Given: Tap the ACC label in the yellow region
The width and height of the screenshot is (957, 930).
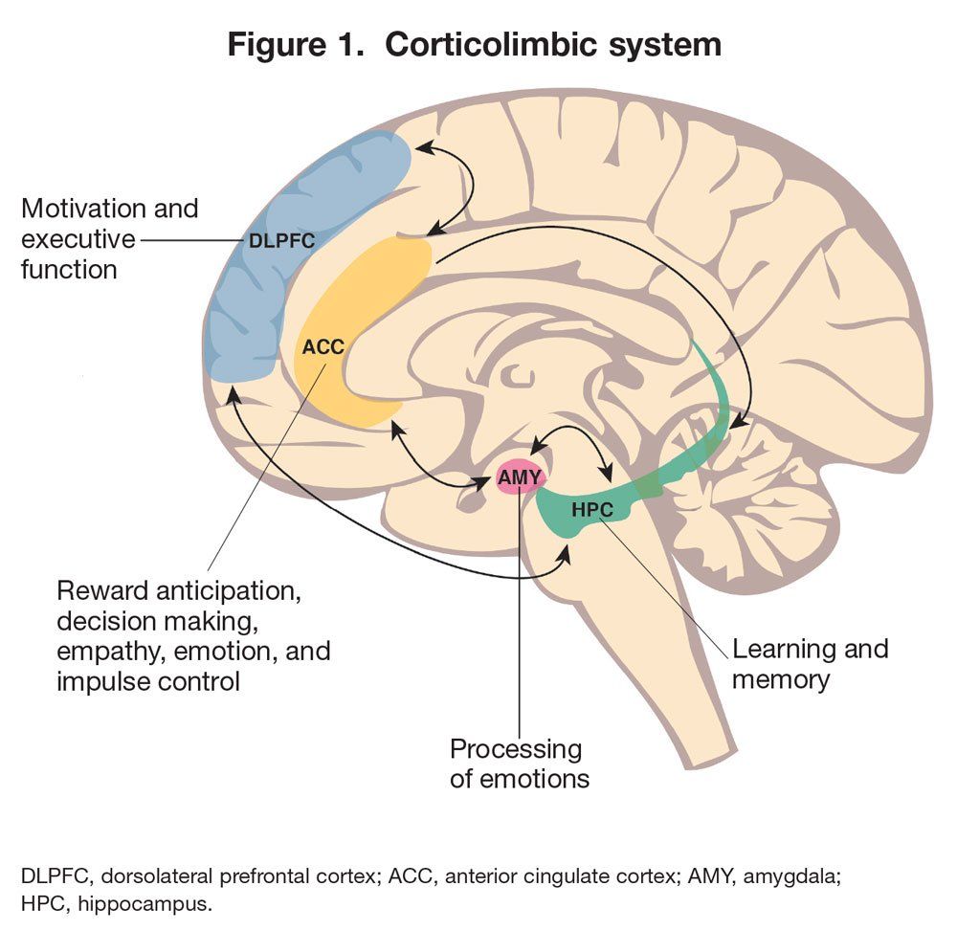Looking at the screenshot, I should [323, 346].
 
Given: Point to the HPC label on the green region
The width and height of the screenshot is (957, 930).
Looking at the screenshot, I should [591, 509].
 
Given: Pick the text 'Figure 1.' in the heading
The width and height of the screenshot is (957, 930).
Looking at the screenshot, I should [287, 44].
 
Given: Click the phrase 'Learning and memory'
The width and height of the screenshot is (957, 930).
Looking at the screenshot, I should [810, 663].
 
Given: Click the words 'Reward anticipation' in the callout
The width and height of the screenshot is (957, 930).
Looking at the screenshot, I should [180, 590].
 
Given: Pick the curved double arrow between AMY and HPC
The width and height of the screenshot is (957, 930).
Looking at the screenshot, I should [574, 435].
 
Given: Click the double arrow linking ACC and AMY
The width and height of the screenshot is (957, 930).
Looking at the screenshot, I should [435, 461].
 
